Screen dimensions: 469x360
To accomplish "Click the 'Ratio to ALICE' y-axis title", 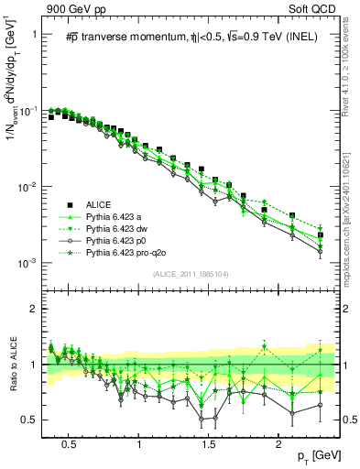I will [12, 365].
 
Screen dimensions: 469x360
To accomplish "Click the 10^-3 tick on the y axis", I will [31, 264].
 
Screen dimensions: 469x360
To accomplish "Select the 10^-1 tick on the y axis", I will [31, 111].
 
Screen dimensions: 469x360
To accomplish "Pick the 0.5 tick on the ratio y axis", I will [31, 420].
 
